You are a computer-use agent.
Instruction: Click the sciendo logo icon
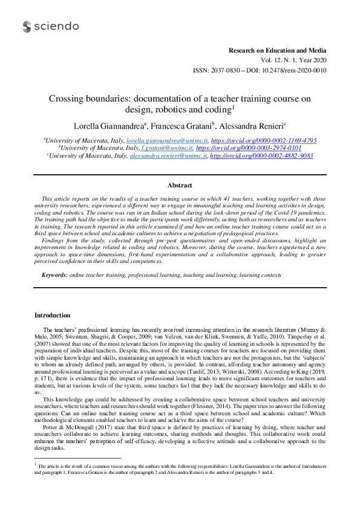pyautogui.click(x=27, y=27)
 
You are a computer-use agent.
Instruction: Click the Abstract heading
pyautogui.click(x=180, y=186)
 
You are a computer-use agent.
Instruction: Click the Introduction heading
pyautogui.click(x=52, y=315)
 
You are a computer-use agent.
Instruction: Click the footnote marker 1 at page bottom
pyautogui.click(x=36, y=465)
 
